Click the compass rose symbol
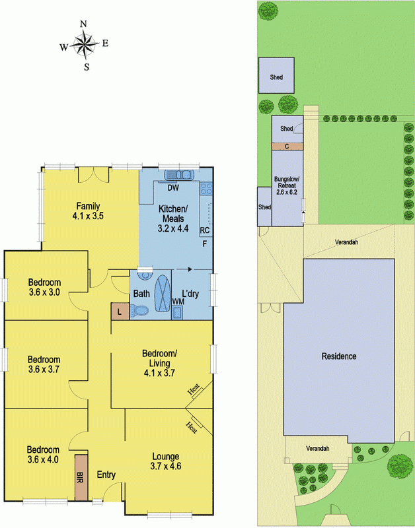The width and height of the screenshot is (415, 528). (85, 45)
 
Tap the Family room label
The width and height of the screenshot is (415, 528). (89, 210)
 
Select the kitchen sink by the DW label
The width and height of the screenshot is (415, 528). (177, 174)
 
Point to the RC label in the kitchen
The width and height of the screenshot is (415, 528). (205, 230)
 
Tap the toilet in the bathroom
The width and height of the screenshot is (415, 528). (140, 310)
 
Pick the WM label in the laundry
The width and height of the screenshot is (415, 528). (177, 302)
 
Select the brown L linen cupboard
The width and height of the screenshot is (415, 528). (120, 312)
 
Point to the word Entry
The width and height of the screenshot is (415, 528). (106, 475)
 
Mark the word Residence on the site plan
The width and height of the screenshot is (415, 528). (339, 356)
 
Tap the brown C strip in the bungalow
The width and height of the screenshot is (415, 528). (287, 146)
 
